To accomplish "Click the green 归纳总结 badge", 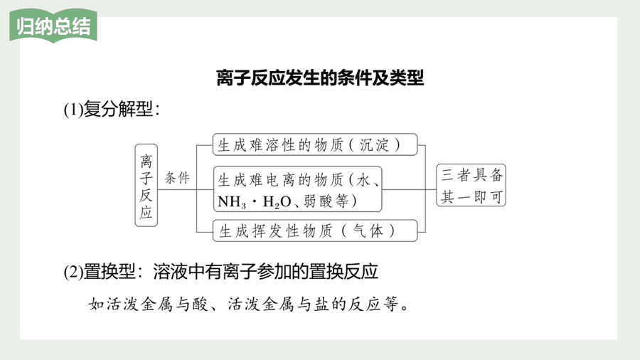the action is coord(53,26).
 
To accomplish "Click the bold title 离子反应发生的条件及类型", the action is coord(320,78).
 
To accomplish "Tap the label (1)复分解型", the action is coord(112,109).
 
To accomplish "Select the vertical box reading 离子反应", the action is coord(146,185).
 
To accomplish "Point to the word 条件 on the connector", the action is coord(177,178).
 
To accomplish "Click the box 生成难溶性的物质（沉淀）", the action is coord(315,144).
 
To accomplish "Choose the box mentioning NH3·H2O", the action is coord(297,189).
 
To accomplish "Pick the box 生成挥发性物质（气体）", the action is coord(315,231).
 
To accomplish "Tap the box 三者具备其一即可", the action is coord(471,185).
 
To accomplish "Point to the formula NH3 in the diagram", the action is coord(232,201).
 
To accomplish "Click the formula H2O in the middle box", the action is coord(277,201).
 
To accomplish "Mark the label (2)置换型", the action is coord(99,272).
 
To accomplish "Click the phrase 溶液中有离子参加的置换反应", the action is coord(266,272).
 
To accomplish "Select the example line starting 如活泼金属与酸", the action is coord(249,304).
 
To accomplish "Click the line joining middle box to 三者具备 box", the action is coord(410,189).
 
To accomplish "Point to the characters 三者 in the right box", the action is coord(456,175).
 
